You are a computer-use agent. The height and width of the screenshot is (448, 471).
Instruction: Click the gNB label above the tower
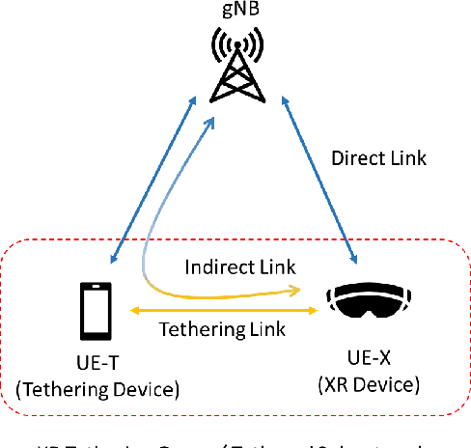click(237, 12)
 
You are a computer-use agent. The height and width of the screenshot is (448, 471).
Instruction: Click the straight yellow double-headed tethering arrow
click(222, 310)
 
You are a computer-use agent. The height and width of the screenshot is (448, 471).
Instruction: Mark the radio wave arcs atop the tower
click(236, 43)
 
